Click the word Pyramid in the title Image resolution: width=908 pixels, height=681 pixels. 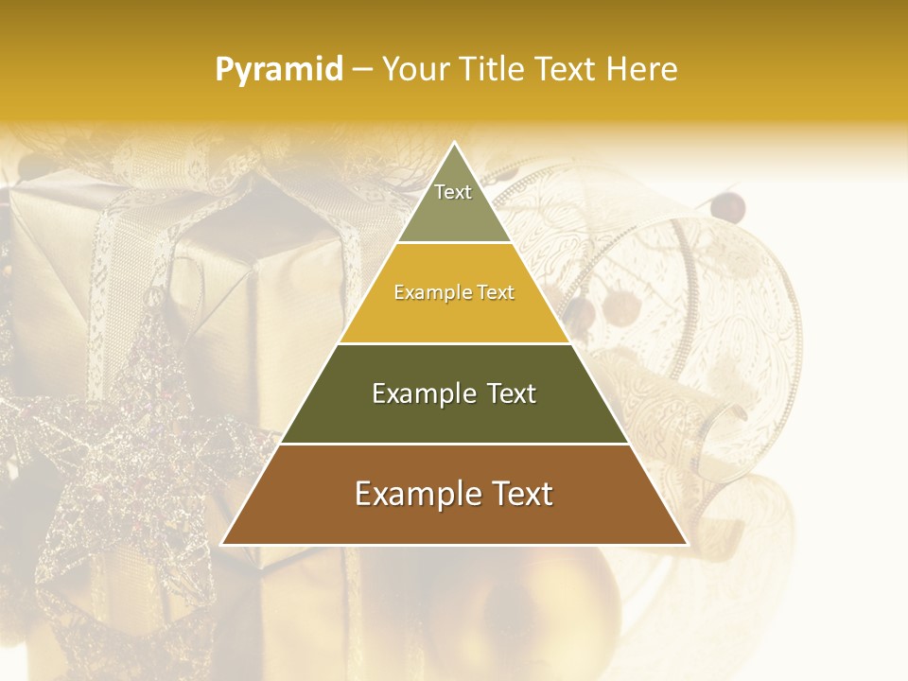tap(278, 70)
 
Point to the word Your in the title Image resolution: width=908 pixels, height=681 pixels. tap(413, 69)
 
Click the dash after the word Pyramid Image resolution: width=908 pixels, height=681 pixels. tap(361, 70)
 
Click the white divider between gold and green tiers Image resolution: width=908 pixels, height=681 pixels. tap(454, 343)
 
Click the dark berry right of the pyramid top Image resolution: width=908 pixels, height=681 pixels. tap(728, 206)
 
